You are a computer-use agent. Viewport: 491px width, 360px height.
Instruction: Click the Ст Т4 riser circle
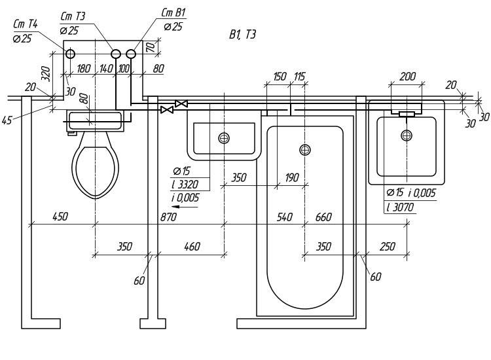point(71,54)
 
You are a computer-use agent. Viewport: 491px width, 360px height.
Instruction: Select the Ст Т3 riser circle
point(116,54)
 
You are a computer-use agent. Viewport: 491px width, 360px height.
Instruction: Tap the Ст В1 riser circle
point(131,54)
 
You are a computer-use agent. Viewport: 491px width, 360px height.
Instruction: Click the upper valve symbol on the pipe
point(181,103)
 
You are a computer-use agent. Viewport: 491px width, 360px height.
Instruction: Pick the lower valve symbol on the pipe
point(166,109)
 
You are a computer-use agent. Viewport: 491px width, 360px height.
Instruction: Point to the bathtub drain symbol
point(305,150)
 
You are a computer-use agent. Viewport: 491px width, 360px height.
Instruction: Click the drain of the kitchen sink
point(224,137)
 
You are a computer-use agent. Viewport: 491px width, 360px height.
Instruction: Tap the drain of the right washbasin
point(407,135)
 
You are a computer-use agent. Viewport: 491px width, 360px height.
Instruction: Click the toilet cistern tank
point(95,120)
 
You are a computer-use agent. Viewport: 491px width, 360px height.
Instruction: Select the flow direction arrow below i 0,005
point(185,207)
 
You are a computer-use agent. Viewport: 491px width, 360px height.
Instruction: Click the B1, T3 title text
point(242,34)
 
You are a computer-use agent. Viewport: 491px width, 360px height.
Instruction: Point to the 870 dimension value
point(168,217)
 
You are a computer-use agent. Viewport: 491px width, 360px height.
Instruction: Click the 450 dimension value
point(60,216)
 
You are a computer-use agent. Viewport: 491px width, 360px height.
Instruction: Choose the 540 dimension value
point(285,217)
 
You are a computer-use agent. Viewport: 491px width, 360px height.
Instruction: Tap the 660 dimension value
point(323,217)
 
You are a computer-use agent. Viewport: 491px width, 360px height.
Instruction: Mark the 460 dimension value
point(192,246)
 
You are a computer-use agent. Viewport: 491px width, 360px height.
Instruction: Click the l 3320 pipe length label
point(185,185)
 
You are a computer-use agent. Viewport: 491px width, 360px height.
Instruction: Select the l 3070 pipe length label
point(400,207)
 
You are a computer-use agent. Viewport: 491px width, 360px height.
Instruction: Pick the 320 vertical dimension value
point(46,74)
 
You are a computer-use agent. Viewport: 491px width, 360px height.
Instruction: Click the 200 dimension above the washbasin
point(408,76)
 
